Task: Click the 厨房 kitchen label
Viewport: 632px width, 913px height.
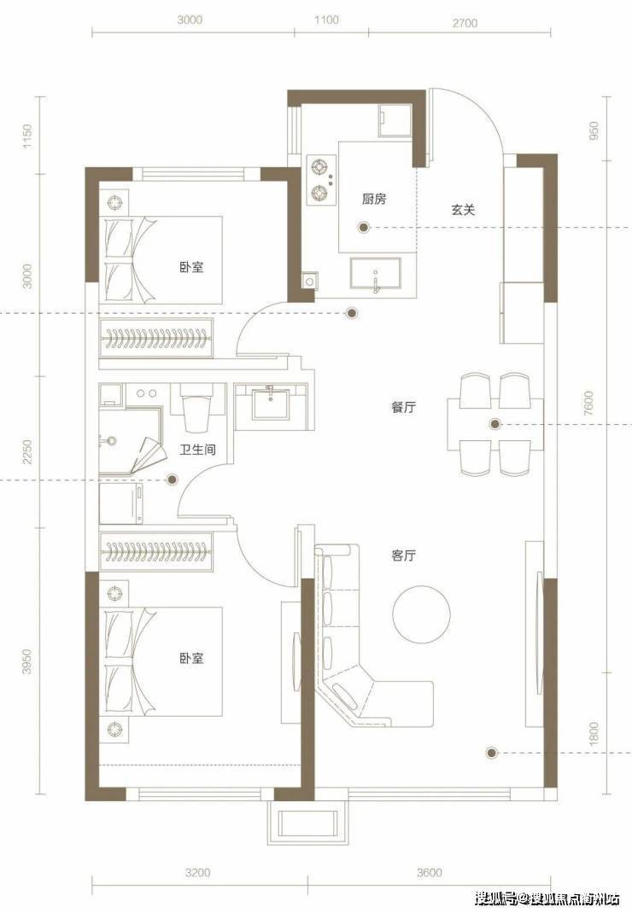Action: click(374, 199)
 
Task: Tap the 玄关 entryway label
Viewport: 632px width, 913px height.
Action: click(463, 210)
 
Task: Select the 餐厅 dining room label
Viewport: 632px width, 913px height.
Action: click(403, 407)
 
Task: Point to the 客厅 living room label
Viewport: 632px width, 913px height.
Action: click(403, 555)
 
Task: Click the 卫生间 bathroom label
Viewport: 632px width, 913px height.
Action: click(198, 450)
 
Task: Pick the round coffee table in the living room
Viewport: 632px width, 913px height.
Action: click(422, 614)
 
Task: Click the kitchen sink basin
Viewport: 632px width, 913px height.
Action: click(376, 273)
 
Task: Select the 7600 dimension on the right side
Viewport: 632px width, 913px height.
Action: click(588, 403)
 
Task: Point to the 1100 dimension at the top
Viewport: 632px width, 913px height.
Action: click(326, 20)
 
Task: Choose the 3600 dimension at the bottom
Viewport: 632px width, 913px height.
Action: click(429, 872)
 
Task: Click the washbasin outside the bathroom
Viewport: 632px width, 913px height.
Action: click(271, 402)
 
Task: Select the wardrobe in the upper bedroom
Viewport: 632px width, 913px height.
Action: click(155, 338)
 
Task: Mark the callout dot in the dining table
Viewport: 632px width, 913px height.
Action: click(494, 424)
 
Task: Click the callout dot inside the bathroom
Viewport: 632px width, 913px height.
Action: click(173, 480)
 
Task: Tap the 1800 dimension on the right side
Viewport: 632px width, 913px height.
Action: click(594, 733)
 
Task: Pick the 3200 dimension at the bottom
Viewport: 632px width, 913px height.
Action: click(198, 872)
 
